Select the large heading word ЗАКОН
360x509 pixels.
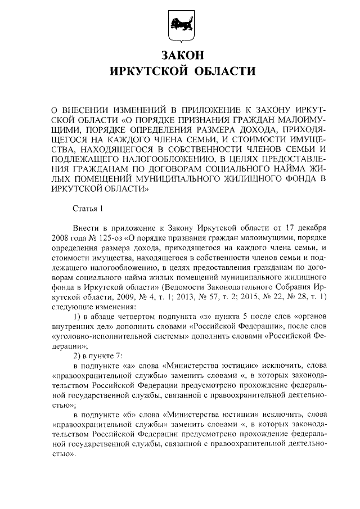179,56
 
